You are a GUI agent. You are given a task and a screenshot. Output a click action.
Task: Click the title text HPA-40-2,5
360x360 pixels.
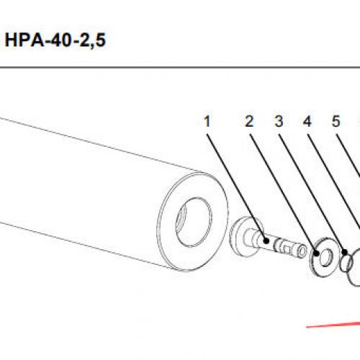tap(55, 40)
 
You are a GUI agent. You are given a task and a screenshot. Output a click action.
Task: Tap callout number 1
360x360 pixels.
tap(207, 121)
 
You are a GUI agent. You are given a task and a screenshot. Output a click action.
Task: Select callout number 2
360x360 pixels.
tap(249, 121)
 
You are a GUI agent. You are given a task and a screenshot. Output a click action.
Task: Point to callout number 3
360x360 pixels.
tap(279, 121)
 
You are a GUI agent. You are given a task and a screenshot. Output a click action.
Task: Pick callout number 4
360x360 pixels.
tap(307, 121)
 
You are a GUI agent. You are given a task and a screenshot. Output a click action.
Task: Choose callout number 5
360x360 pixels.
tap(336, 121)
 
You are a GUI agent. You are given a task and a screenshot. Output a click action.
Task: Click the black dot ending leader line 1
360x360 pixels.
tap(266, 240)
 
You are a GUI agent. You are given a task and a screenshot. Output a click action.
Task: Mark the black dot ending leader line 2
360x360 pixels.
tap(317, 253)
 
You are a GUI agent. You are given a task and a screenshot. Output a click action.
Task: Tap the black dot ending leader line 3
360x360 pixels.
tap(345, 252)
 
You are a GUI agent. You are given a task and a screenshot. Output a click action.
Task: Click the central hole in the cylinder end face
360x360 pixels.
tap(194, 222)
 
